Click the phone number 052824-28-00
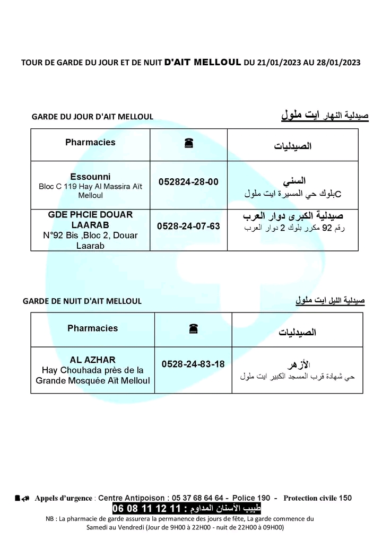(x=188, y=182)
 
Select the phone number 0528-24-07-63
(x=188, y=226)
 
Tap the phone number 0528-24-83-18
(x=193, y=364)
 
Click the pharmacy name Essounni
(x=90, y=177)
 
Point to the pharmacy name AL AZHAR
(x=92, y=360)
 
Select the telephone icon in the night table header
(x=193, y=329)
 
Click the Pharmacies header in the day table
(x=90, y=142)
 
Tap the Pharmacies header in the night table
(x=92, y=328)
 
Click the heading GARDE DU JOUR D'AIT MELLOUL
(x=92, y=117)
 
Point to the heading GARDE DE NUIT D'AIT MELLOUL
(x=82, y=301)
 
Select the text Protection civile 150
(x=317, y=498)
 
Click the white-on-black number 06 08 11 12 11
(x=146, y=509)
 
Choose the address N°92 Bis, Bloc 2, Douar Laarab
(x=90, y=240)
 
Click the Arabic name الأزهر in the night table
(x=298, y=365)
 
